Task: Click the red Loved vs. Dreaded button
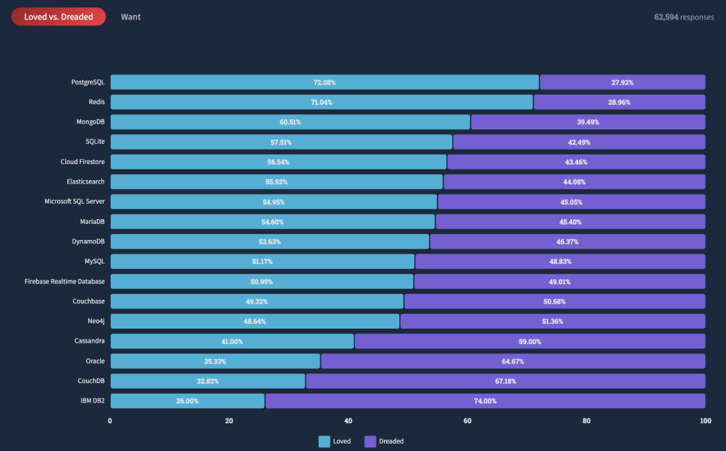[58, 17]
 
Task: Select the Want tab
[130, 17]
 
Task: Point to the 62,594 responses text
[684, 17]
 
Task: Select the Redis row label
[96, 102]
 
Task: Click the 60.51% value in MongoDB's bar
[291, 122]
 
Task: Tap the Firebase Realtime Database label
[65, 281]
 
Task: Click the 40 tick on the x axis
[348, 421]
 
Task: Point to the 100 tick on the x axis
[705, 421]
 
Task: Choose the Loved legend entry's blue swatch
[324, 442]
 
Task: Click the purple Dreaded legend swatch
[370, 442]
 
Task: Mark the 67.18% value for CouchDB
[505, 381]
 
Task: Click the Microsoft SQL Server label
[75, 202]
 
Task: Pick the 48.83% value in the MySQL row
[560, 261]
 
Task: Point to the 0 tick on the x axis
[110, 421]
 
